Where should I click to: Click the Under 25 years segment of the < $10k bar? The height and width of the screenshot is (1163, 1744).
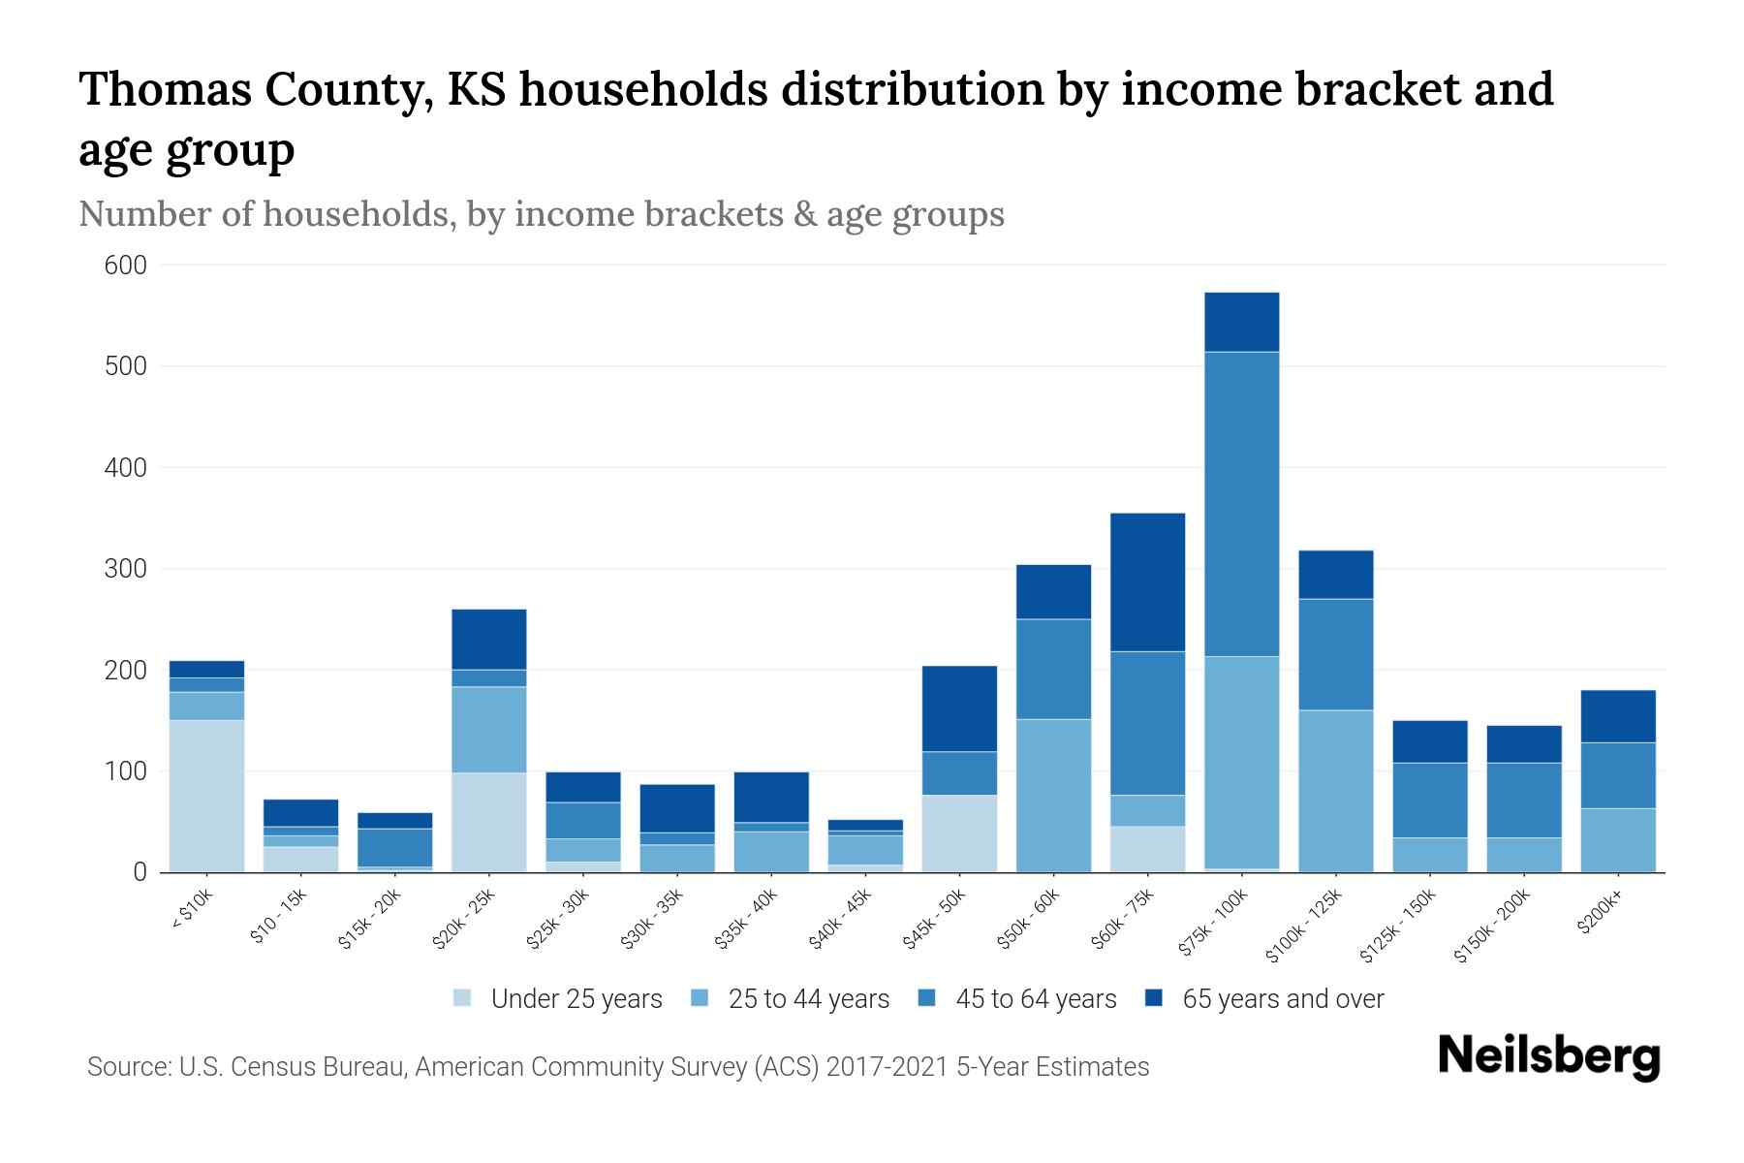point(206,796)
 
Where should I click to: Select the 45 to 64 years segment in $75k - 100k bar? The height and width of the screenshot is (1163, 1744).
point(1242,504)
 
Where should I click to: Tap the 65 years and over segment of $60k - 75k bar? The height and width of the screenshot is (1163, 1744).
point(1148,581)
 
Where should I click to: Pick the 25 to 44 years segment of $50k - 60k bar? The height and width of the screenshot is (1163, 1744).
point(1053,795)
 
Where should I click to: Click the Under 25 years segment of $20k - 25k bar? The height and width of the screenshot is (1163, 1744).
point(489,822)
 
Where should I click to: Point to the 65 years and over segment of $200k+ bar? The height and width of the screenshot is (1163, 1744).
point(1618,716)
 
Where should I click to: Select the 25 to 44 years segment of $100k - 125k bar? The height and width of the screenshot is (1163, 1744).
point(1336,791)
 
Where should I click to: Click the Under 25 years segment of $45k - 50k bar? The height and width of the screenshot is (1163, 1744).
point(959,833)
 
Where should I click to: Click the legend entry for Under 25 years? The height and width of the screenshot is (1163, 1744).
point(576,999)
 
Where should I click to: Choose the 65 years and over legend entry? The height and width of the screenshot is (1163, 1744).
point(1283,999)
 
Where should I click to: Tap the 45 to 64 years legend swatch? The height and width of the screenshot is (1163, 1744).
point(926,998)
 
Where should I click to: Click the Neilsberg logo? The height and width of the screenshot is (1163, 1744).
point(1548,1055)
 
